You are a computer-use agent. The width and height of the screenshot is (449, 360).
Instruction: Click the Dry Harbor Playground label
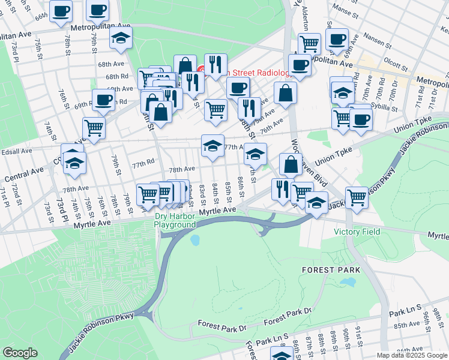click(x=175, y=220)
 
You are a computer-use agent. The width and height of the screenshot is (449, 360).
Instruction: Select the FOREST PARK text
click(x=331, y=270)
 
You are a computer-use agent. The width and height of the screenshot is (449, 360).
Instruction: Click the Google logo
click(x=20, y=353)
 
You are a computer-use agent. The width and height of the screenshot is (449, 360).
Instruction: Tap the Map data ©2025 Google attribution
click(x=412, y=355)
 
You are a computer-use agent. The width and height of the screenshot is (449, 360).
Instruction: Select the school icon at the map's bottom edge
click(x=282, y=355)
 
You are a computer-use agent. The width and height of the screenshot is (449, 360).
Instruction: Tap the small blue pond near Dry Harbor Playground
click(x=194, y=241)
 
